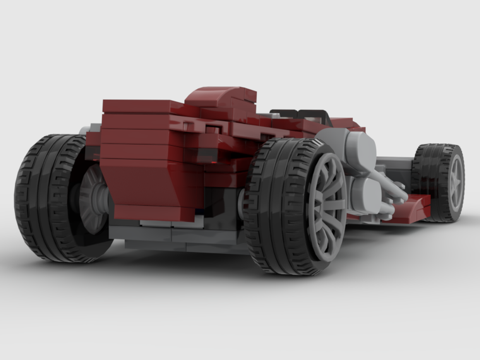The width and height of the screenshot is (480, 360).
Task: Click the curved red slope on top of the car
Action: click(218, 94)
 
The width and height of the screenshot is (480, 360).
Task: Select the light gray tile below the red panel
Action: click(158, 223)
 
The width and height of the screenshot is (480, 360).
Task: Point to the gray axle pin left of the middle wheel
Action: click(241, 202)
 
